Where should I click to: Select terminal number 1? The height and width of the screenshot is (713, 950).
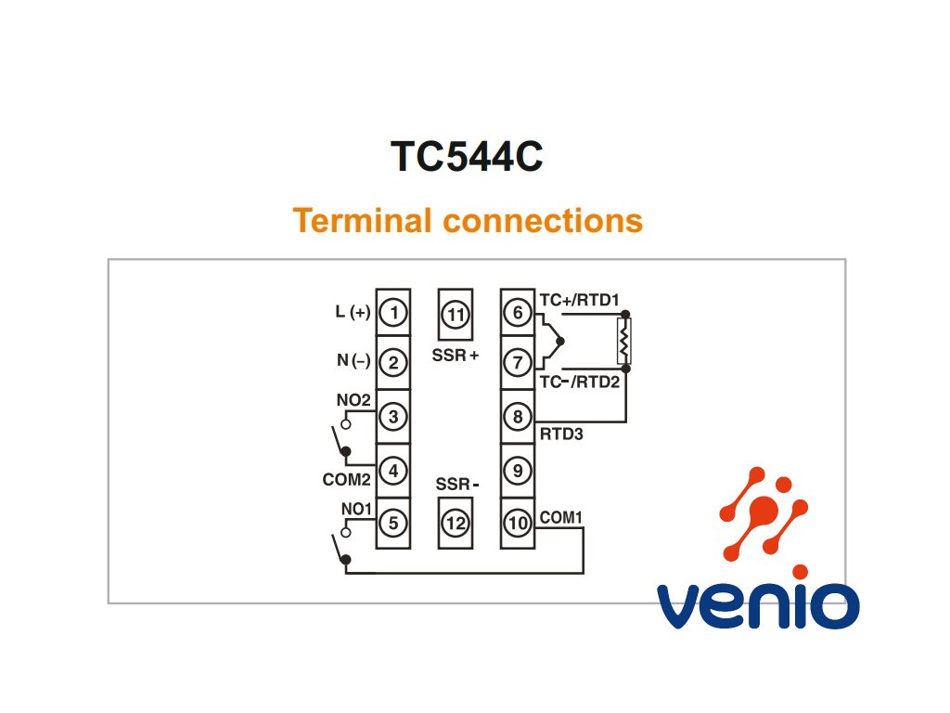tap(393, 313)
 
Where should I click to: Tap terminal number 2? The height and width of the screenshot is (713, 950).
tap(393, 363)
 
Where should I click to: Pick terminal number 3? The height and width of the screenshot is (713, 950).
tap(393, 417)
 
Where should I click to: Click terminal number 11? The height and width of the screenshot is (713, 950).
tap(456, 315)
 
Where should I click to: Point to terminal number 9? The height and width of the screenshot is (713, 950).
tap(518, 471)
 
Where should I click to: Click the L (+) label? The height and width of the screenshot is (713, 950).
tap(353, 313)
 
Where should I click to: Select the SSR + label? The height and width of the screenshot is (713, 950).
tap(455, 356)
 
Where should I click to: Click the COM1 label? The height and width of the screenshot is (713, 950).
tap(561, 516)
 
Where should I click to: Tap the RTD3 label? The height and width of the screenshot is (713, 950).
tap(561, 433)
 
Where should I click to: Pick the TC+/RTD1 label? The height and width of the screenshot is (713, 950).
tap(579, 300)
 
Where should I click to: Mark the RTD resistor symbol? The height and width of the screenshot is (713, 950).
tap(624, 341)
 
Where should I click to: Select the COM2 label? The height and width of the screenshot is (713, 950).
tap(347, 480)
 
